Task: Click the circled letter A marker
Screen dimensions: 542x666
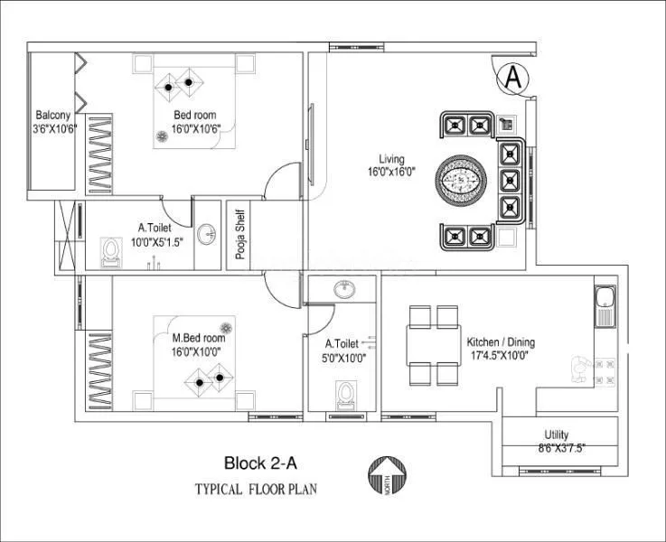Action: pos(512,78)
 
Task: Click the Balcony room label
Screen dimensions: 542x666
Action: pos(53,115)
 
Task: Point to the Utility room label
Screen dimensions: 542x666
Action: pos(557,435)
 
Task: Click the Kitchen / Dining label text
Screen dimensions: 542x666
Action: pos(501,342)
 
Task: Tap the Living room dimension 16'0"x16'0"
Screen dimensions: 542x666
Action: pos(390,172)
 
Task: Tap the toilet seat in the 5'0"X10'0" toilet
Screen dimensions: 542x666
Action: pos(343,393)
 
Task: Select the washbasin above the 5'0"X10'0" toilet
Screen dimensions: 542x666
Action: pos(342,289)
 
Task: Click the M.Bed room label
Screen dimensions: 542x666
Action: pos(198,339)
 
